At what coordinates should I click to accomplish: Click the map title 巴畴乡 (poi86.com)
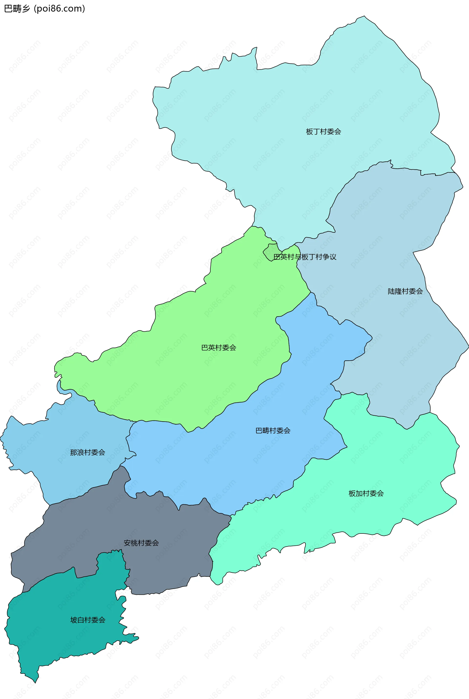pos(44,9)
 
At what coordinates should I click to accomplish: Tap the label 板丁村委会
pos(323,132)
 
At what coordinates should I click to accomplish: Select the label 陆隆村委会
pos(405,291)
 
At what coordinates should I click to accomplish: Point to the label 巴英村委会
pos(219,348)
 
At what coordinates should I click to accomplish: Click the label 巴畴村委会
pos(273,430)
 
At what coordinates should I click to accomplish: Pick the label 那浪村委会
pos(88,452)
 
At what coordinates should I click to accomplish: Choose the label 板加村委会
pos(366,493)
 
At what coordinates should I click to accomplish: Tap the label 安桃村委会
pos(141,543)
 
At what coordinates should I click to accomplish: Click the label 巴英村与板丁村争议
pos(305,257)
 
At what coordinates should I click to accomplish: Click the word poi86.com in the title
pos(60,9)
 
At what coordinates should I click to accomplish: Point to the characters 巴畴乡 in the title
pos(17,9)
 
